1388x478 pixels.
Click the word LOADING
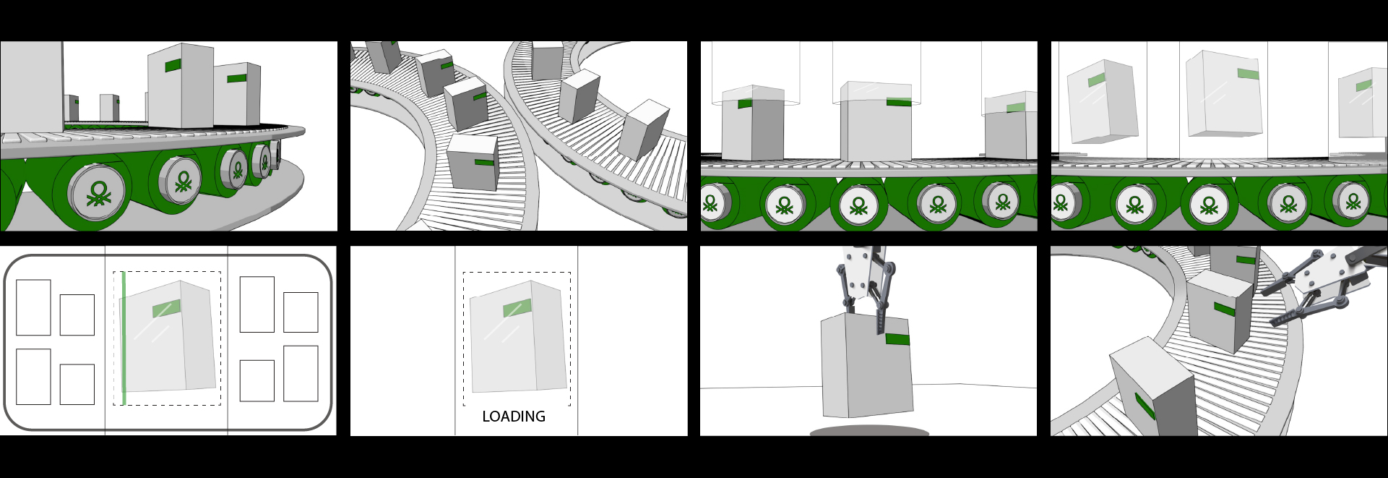514,417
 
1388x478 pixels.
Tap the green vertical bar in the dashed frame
124,338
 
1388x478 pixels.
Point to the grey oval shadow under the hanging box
869,432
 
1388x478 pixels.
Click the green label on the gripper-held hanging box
897,338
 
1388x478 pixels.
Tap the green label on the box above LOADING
517,309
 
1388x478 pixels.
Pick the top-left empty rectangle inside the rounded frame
33,307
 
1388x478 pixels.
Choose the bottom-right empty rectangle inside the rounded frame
301,373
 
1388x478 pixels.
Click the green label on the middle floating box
1248,74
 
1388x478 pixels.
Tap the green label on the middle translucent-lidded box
899,102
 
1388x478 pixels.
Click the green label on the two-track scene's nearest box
484,162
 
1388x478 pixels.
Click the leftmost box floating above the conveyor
1102,101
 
